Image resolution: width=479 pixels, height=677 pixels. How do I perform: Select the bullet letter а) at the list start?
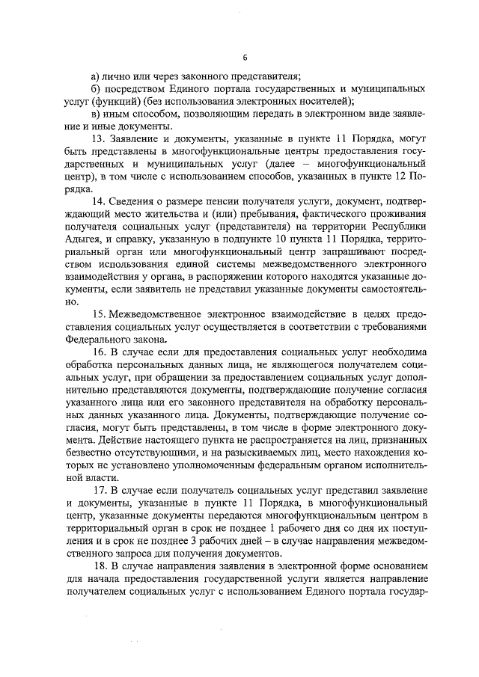click(95, 75)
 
